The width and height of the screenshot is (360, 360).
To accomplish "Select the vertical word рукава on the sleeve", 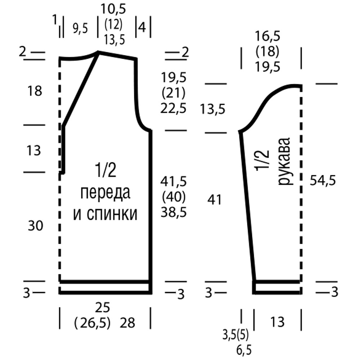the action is [285, 161].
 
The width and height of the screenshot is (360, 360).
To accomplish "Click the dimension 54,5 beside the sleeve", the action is [323, 180].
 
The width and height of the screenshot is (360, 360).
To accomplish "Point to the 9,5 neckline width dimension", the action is [80, 29].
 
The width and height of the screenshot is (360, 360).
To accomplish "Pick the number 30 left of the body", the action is [35, 225].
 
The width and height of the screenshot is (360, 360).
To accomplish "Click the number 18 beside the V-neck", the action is [35, 91].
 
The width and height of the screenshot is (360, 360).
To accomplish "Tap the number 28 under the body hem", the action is [127, 323].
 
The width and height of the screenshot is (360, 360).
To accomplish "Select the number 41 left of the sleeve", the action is [215, 200].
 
